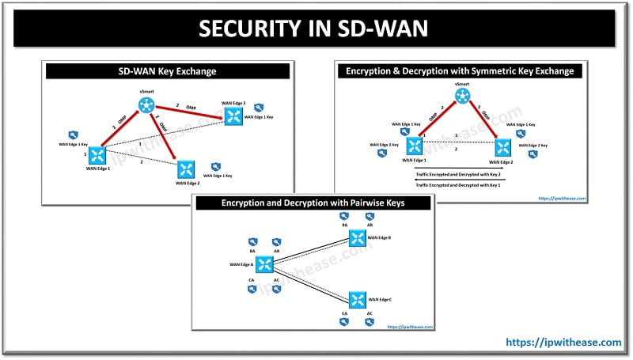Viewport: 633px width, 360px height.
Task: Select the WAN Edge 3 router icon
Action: tap(233, 116)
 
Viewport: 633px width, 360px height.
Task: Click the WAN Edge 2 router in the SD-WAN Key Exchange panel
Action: tap(186, 169)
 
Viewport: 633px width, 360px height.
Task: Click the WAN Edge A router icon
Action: tap(265, 264)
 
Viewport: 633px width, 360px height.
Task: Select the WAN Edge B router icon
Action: tap(358, 238)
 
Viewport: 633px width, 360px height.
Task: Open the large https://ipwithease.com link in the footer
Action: tap(563, 343)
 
